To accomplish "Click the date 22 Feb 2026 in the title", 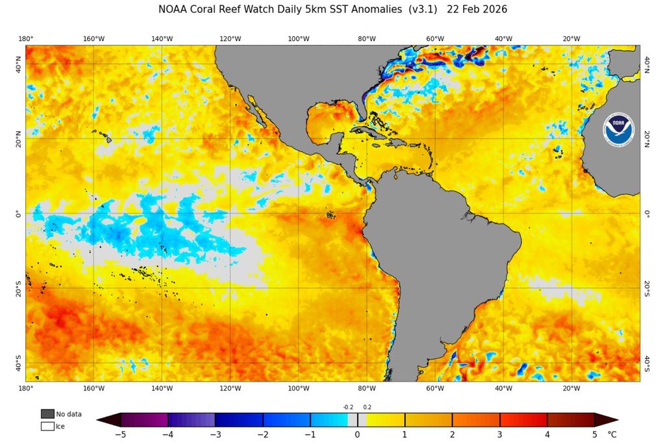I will [477, 10].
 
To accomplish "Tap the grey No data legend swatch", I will [47, 413].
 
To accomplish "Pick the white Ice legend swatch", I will [47, 426].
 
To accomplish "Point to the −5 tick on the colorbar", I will [120, 434].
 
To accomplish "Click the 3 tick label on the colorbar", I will [499, 434].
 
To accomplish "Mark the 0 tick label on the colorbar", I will [357, 434].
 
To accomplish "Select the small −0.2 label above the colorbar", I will [347, 407].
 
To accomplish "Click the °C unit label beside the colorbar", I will [612, 434].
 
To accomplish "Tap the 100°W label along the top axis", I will [298, 39].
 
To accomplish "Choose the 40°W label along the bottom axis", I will [503, 388].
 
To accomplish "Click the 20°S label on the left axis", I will [19, 288].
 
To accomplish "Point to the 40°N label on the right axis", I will [647, 64].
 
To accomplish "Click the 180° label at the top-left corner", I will [26, 39].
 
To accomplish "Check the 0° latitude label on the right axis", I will [647, 213].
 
